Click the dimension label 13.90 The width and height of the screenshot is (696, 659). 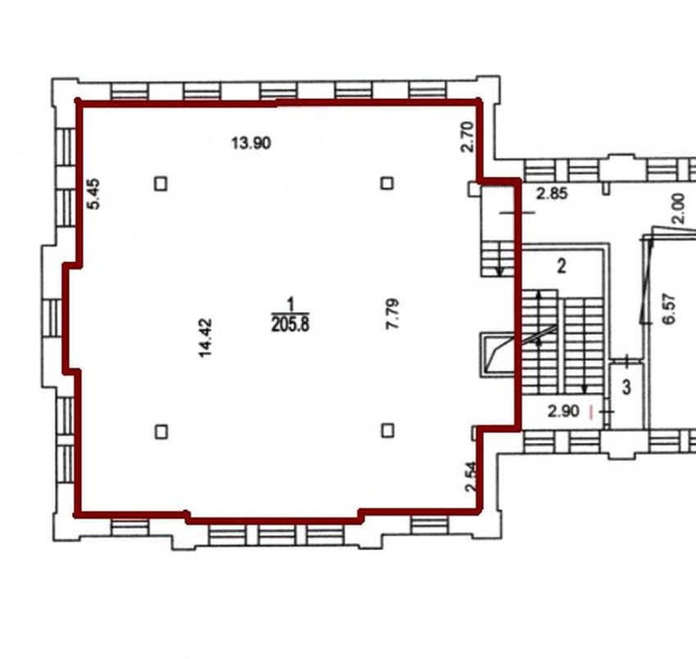pyautogui.click(x=251, y=143)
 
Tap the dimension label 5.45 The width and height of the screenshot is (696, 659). pyautogui.click(x=94, y=193)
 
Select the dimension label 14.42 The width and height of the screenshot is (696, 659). pyautogui.click(x=206, y=338)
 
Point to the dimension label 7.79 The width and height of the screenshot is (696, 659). pyautogui.click(x=392, y=314)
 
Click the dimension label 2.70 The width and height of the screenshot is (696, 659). pyautogui.click(x=468, y=138)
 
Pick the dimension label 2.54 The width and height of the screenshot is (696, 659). pyautogui.click(x=471, y=476)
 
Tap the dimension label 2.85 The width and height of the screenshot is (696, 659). pyautogui.click(x=552, y=194)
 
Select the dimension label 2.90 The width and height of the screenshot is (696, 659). pyautogui.click(x=563, y=412)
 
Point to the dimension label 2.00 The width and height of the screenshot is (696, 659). pyautogui.click(x=679, y=208)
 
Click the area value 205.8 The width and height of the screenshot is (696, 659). pyautogui.click(x=291, y=325)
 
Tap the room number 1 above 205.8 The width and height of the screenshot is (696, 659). pyautogui.click(x=291, y=305)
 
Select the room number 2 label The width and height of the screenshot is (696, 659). pyautogui.click(x=562, y=266)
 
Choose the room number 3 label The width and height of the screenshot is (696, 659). pyautogui.click(x=626, y=387)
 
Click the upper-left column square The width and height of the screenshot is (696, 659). pyautogui.click(x=160, y=183)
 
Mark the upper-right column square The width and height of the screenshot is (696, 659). pyautogui.click(x=387, y=183)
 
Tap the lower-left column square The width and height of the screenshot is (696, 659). pyautogui.click(x=161, y=431)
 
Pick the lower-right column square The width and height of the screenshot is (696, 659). pyautogui.click(x=388, y=431)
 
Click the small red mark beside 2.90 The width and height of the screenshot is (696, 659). pyautogui.click(x=590, y=413)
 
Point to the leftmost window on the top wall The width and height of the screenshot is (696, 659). pyautogui.click(x=129, y=91)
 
